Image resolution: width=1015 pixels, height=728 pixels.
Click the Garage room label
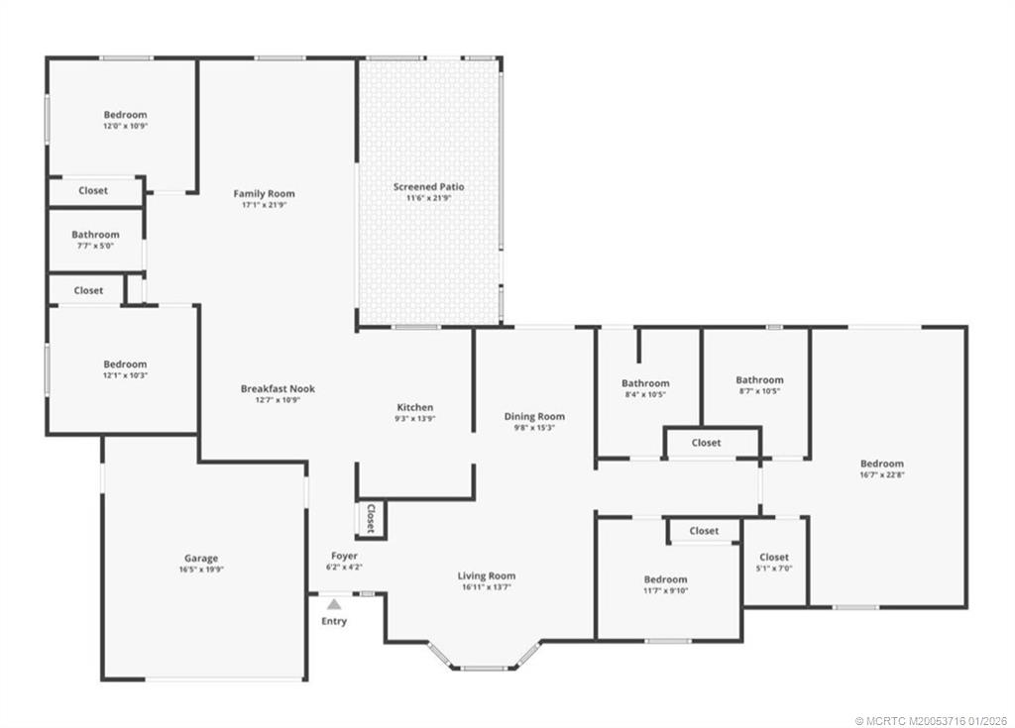[x=200, y=559]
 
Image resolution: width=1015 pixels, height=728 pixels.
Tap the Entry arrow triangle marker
[x=334, y=603]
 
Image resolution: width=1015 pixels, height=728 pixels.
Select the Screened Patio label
[x=428, y=187]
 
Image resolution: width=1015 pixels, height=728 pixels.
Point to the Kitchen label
[x=414, y=407]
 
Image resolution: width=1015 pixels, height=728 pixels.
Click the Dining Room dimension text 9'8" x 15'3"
[x=534, y=428]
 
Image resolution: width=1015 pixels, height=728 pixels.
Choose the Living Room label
[x=486, y=575]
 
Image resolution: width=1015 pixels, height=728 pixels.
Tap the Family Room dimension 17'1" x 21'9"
[x=264, y=205]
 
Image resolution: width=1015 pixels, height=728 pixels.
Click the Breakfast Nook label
[x=278, y=389]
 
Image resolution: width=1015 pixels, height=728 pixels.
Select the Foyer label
[x=344, y=557]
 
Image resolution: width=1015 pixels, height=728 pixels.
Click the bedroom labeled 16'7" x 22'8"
[x=881, y=464]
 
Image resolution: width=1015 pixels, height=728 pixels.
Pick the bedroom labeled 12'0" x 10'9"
[x=125, y=115]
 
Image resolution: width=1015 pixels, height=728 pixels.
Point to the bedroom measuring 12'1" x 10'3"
[x=125, y=364]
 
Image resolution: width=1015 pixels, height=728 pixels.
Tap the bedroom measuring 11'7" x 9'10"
[x=664, y=579]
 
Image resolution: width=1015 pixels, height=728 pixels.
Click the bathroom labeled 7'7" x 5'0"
[x=95, y=235]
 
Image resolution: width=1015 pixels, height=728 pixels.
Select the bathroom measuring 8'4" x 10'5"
[x=645, y=383]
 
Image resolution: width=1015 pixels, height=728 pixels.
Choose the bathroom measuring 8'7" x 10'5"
[x=759, y=379]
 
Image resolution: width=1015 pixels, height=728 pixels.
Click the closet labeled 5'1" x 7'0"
[x=773, y=558]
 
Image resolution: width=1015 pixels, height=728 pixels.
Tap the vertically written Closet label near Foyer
[x=371, y=518]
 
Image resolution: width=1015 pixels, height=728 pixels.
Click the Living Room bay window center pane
[x=484, y=668]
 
